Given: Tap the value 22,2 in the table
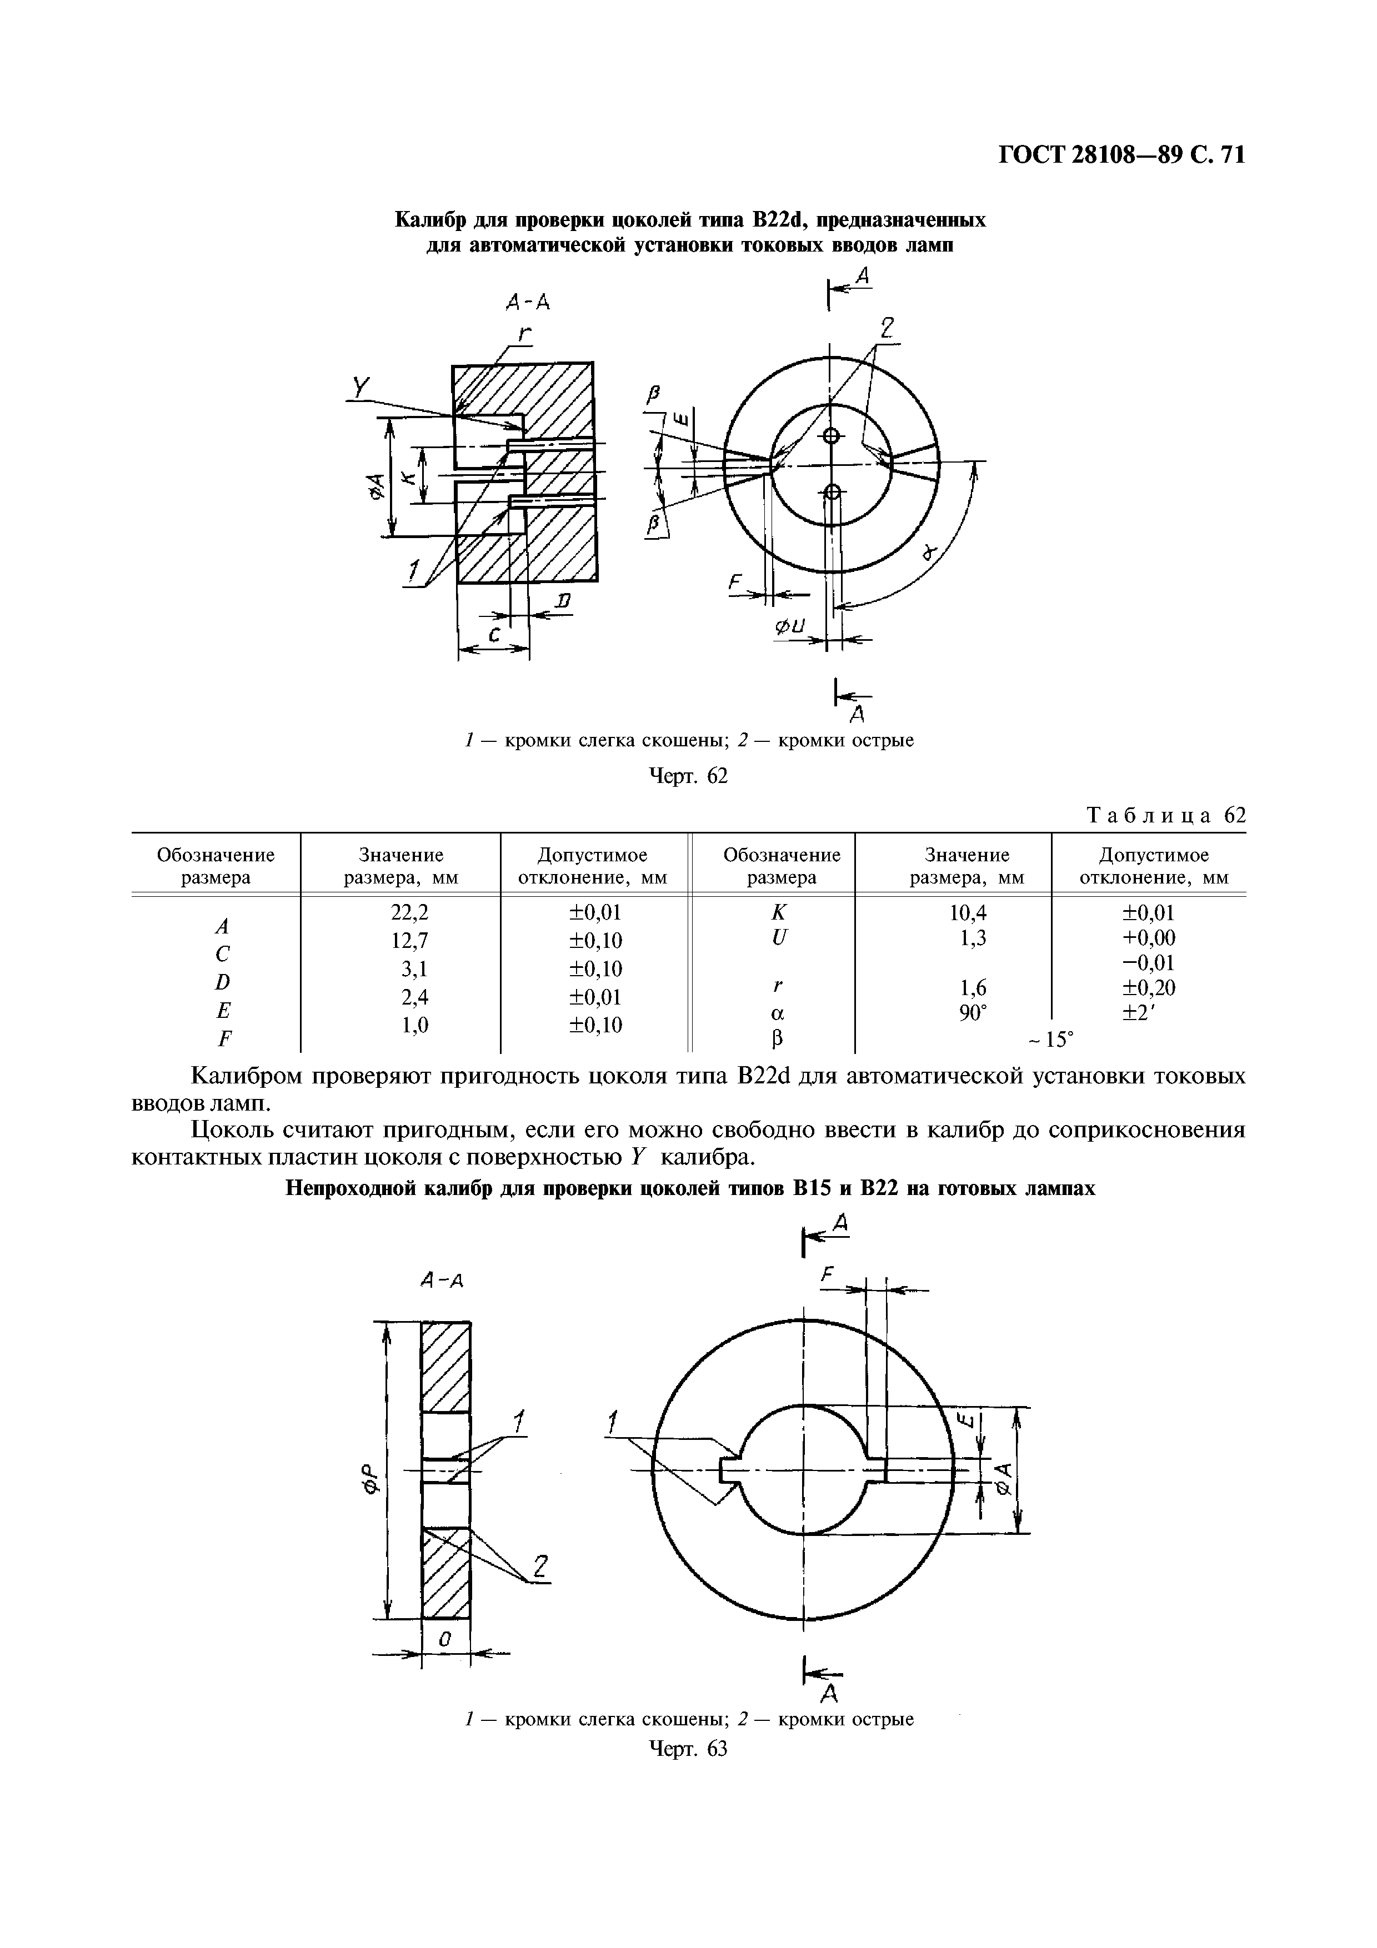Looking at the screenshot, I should (400, 912).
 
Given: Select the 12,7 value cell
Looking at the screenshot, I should (400, 940).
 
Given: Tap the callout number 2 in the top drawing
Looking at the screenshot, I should (886, 328).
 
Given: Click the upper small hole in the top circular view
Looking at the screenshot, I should (830, 436).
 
